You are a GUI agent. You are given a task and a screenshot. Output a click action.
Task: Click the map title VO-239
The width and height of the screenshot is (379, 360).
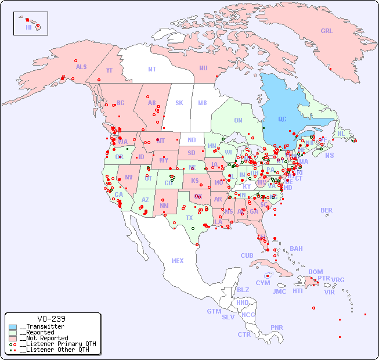coord(51,319)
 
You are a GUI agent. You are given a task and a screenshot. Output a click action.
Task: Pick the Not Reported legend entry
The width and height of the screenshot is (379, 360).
coord(44,338)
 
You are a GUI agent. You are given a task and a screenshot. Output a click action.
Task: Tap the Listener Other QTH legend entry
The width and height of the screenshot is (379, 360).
coord(55,350)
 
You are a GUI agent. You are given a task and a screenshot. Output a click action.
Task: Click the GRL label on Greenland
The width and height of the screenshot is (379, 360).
coord(327,31)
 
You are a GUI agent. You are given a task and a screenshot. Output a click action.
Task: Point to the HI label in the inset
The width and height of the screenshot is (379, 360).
coord(28,27)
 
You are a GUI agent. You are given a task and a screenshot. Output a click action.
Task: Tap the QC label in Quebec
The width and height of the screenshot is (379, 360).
coord(282,119)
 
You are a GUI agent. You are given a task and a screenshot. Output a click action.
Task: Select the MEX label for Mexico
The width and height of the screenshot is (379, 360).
coord(178,261)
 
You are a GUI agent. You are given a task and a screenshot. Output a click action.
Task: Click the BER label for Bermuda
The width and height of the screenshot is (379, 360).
coord(327,210)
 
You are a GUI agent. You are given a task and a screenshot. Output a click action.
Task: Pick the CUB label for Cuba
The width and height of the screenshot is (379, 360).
coord(247,255)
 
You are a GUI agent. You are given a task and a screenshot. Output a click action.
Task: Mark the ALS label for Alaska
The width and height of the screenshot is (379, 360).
coord(81,67)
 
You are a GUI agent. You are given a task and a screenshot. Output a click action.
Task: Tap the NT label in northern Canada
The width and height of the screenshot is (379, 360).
coord(151,69)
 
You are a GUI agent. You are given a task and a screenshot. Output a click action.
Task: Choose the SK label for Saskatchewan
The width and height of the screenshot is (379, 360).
coord(179,103)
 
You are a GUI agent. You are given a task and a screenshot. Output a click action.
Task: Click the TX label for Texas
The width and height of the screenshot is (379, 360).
coord(189,218)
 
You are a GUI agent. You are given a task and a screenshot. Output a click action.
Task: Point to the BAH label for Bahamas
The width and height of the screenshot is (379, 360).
coord(296,249)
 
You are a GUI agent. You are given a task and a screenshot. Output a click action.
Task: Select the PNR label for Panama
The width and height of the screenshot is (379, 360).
coord(277,327)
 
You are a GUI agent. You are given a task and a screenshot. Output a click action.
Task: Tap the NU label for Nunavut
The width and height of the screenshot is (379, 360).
coord(203,68)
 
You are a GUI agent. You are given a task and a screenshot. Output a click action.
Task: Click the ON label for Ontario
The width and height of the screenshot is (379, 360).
coord(238,120)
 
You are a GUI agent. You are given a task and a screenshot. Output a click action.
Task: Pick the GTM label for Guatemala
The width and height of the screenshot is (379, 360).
coord(214,311)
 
